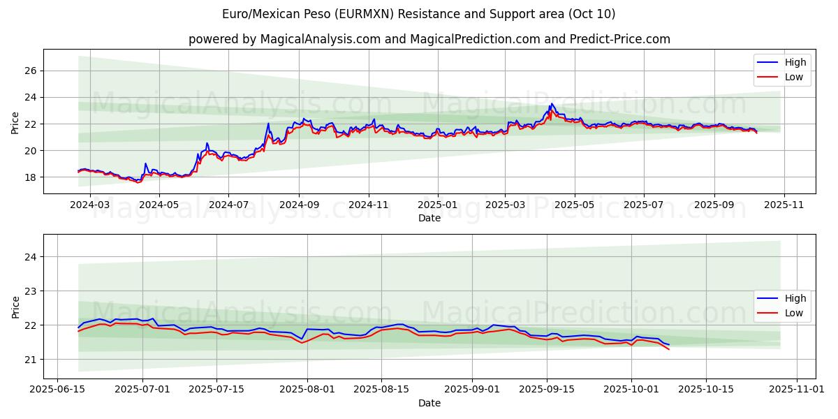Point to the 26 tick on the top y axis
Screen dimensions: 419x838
(31, 71)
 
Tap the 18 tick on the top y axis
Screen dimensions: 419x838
(31, 177)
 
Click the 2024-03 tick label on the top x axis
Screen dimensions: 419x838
(91, 205)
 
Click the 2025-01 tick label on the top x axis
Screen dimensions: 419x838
(438, 205)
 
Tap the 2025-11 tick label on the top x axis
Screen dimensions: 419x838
(784, 205)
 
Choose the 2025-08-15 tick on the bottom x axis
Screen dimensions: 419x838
(381, 390)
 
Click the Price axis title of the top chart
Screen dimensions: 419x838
(15, 122)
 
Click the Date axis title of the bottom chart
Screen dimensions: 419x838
(429, 403)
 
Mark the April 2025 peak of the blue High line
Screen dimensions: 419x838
(552, 104)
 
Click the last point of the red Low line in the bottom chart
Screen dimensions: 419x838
(669, 348)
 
